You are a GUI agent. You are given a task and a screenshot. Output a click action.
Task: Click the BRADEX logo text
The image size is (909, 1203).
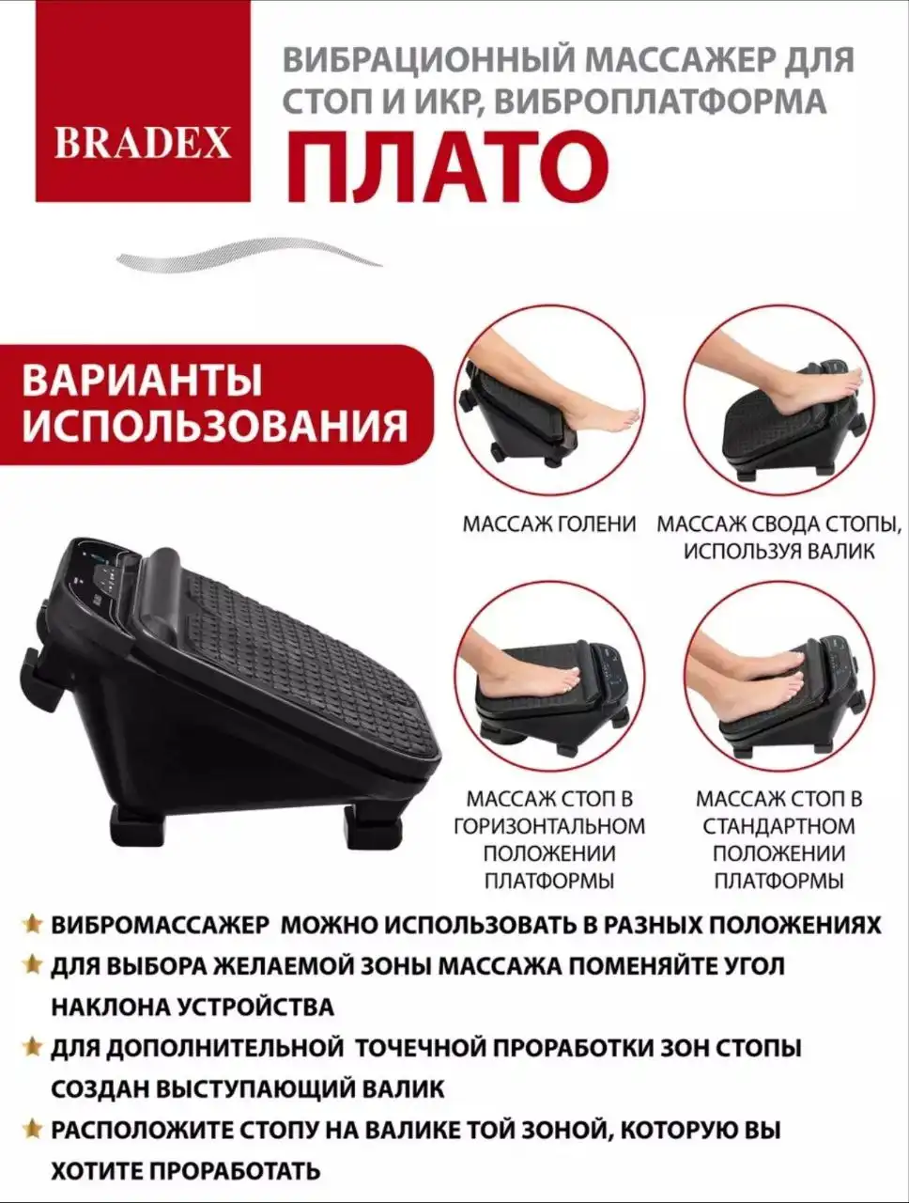click(143, 142)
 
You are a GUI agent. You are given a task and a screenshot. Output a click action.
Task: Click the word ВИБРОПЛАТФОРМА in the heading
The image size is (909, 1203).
click(659, 101)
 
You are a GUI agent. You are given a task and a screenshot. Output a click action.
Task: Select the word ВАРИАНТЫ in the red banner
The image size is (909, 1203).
click(143, 381)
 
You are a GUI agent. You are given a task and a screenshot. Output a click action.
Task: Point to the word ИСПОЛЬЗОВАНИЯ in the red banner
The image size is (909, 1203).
click(215, 426)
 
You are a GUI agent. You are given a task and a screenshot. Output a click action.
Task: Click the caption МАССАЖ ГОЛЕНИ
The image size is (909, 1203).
click(548, 524)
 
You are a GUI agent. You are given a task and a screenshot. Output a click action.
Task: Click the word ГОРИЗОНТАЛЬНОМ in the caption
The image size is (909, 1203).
click(549, 826)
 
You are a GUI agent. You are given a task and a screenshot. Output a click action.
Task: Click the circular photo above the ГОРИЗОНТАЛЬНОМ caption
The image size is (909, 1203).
click(549, 676)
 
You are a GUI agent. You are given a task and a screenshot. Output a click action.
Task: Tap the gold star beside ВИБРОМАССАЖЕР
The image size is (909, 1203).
click(33, 923)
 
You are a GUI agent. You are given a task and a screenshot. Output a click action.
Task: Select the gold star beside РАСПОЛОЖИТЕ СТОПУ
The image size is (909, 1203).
click(33, 1129)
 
